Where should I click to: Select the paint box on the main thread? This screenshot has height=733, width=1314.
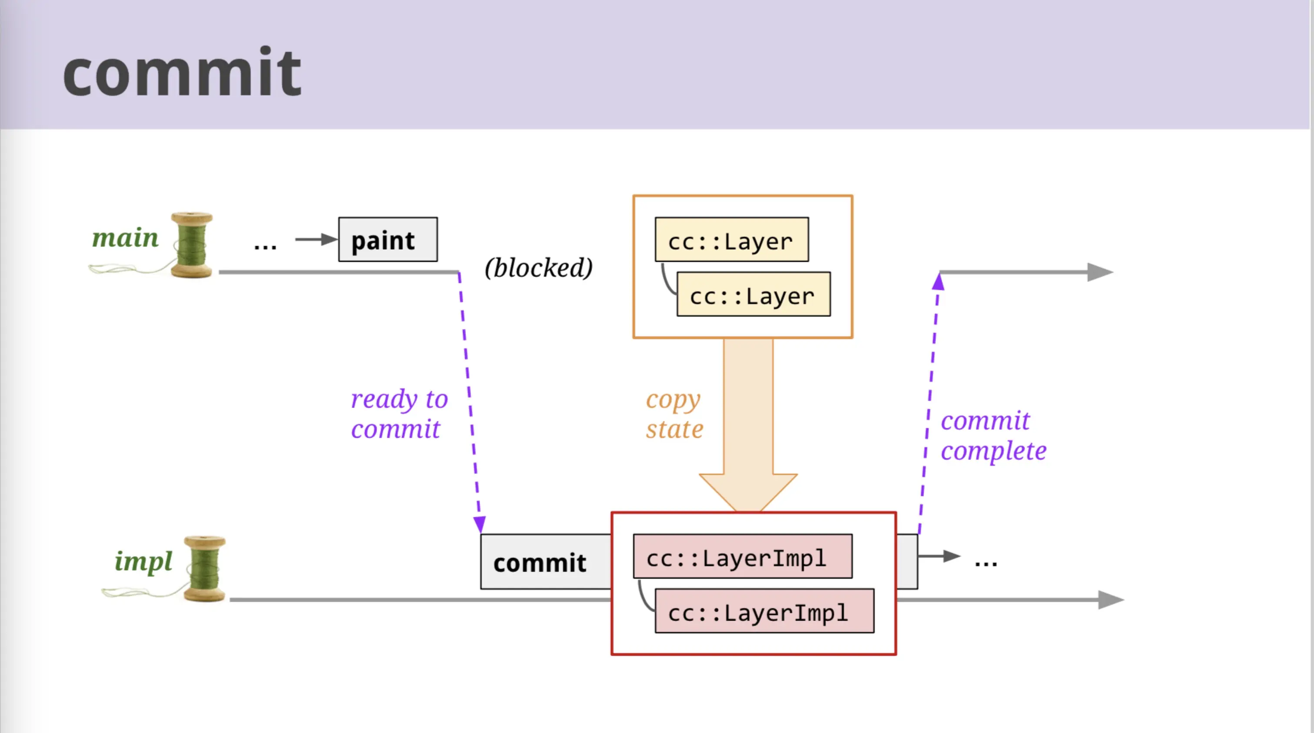pyautogui.click(x=388, y=240)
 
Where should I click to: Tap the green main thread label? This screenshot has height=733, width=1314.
pyautogui.click(x=125, y=237)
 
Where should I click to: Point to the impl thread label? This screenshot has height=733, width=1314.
pyautogui.click(x=143, y=562)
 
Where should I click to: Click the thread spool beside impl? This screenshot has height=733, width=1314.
pyautogui.click(x=204, y=569)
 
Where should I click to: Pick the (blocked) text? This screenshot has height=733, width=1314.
pyautogui.click(x=539, y=267)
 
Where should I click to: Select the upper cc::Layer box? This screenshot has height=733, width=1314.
pyautogui.click(x=731, y=240)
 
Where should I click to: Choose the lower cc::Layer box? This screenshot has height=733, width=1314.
pyautogui.click(x=753, y=294)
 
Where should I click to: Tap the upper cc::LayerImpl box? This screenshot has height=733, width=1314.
pyautogui.click(x=743, y=556)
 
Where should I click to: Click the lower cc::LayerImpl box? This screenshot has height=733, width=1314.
pyautogui.click(x=764, y=611)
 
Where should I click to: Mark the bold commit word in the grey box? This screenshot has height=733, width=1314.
pyautogui.click(x=540, y=563)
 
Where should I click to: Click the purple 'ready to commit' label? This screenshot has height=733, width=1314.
pyautogui.click(x=399, y=413)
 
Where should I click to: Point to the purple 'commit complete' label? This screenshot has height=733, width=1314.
pyautogui.click(x=993, y=436)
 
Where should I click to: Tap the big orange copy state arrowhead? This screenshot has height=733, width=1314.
pyautogui.click(x=748, y=493)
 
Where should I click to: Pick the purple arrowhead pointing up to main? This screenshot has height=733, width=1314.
pyautogui.click(x=938, y=282)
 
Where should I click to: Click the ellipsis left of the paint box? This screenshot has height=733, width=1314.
pyautogui.click(x=265, y=246)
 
